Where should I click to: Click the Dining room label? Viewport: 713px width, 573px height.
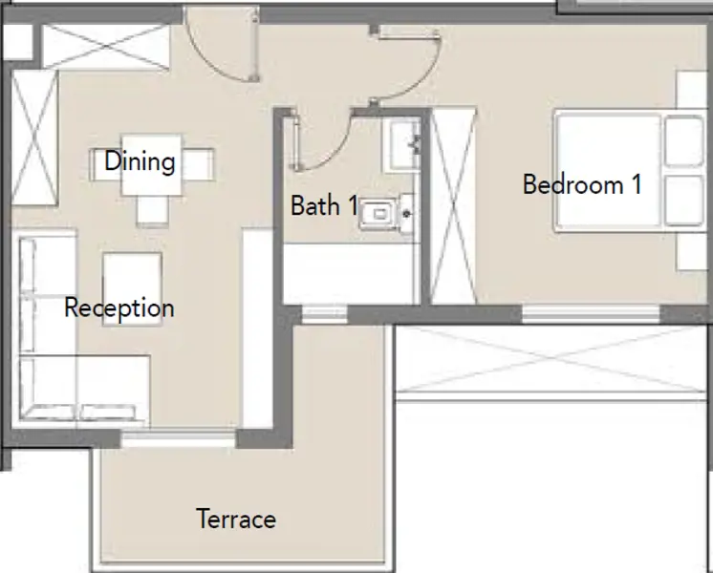click(x=140, y=161)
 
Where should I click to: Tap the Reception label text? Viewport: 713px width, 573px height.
click(x=119, y=308)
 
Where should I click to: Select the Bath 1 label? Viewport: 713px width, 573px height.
click(x=324, y=205)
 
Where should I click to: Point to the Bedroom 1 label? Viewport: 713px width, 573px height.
click(x=582, y=184)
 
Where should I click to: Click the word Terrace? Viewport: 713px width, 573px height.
click(x=236, y=519)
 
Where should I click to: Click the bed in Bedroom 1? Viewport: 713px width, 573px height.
click(x=630, y=171)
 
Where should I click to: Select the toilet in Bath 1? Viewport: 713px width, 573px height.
click(x=385, y=214)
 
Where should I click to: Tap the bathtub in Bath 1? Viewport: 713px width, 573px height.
click(x=351, y=273)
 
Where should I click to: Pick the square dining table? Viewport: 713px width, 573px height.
click(x=151, y=165)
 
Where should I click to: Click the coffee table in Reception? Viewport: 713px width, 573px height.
click(x=132, y=289)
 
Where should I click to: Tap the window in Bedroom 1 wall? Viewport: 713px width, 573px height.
click(x=591, y=314)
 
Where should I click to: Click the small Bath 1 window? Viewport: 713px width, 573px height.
click(x=325, y=314)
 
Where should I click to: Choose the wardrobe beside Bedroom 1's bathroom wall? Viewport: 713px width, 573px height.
click(x=453, y=206)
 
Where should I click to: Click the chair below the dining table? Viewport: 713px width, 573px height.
click(x=152, y=211)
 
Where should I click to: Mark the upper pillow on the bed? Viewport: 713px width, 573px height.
click(x=684, y=141)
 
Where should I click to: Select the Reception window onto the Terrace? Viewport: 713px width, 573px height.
click(x=178, y=438)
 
